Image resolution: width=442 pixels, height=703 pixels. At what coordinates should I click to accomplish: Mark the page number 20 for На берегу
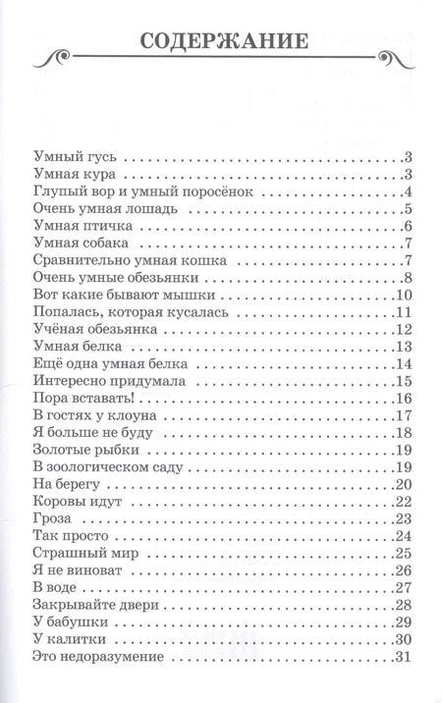click(x=402, y=485)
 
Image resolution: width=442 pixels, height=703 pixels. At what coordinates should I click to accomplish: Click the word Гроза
click(x=52, y=519)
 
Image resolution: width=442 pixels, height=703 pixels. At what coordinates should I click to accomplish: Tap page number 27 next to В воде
click(x=402, y=588)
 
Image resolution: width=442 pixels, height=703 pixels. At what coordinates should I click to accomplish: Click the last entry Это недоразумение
click(x=101, y=657)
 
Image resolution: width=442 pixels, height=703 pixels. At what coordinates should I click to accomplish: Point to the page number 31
click(x=402, y=657)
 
